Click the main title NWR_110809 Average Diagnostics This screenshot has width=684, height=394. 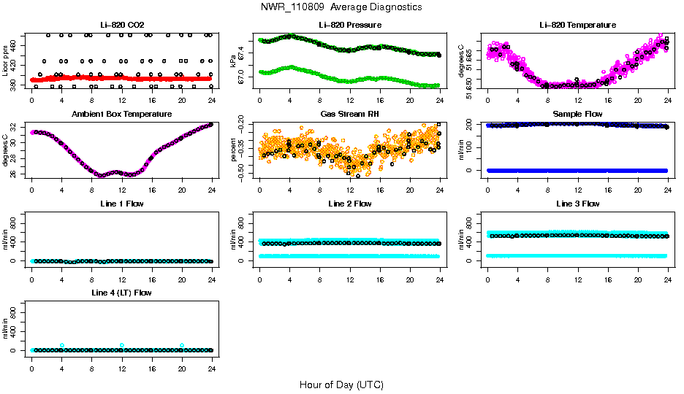341,7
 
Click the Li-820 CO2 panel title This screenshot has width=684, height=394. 121,26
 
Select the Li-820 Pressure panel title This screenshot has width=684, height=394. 349,26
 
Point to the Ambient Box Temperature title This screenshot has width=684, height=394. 121,115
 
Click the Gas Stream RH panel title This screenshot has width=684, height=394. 349,115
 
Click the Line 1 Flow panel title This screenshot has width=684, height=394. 121,204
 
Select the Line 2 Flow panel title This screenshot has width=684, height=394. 349,204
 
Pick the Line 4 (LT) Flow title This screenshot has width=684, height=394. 121,293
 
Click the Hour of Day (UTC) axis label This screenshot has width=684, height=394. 341,385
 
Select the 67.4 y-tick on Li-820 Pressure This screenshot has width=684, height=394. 244,48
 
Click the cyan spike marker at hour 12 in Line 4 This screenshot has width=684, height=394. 122,345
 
